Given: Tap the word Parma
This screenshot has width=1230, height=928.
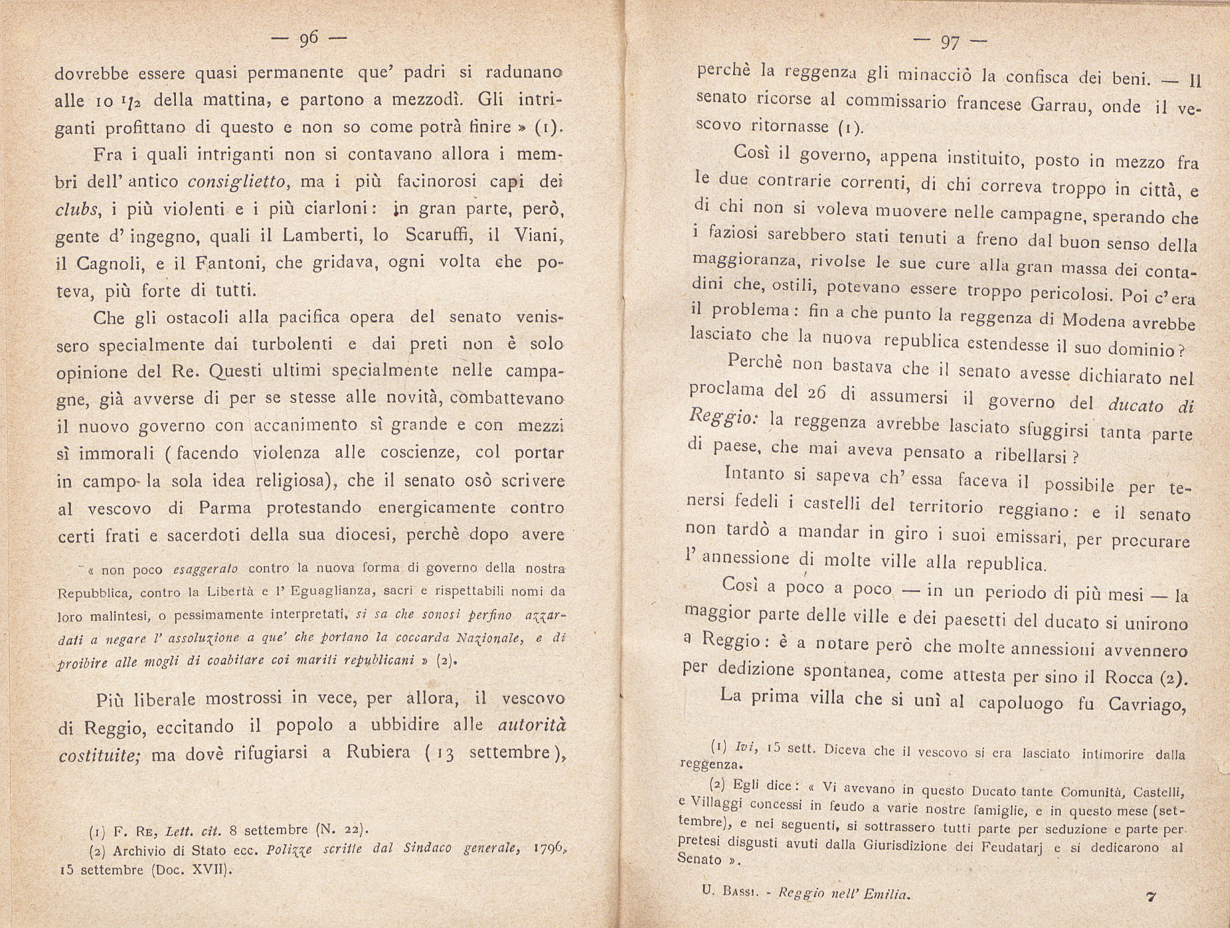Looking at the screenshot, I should [x=224, y=508].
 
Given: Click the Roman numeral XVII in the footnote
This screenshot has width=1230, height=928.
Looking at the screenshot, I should [x=204, y=870].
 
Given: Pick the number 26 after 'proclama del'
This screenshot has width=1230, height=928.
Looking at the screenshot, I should [x=812, y=394].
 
